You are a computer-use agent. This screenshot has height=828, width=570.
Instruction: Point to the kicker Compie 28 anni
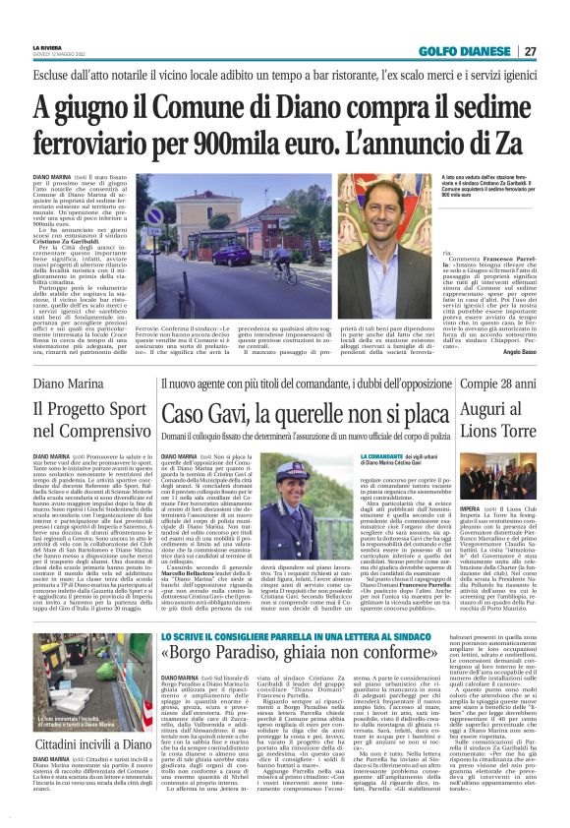click(494, 384)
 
